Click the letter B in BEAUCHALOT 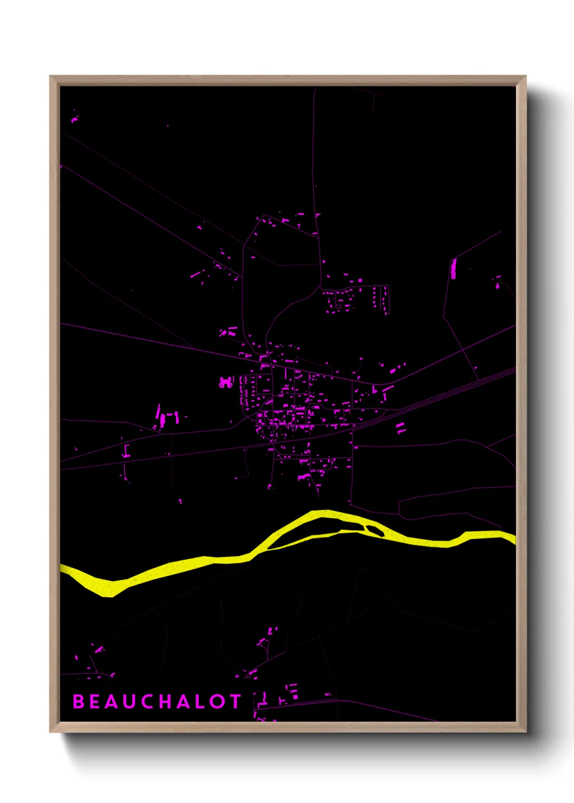click(x=79, y=702)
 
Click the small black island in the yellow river click(x=375, y=530)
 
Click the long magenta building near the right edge click(x=454, y=269)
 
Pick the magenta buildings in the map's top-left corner click(x=74, y=118)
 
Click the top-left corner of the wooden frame click(x=52, y=78)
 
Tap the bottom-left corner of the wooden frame click(x=52, y=731)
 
